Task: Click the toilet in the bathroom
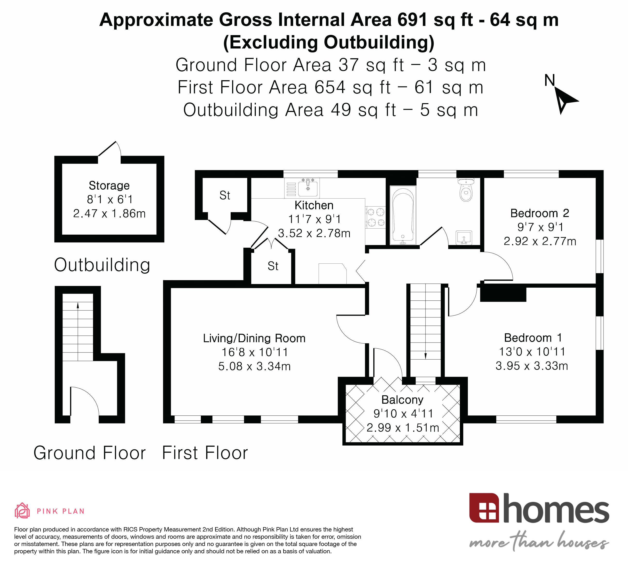(466, 191)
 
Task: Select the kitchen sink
(308, 188)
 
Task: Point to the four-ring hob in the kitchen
(375, 217)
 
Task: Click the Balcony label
(402, 400)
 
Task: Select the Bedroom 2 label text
(540, 213)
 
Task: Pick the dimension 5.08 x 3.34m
(254, 366)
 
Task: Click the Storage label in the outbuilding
(109, 185)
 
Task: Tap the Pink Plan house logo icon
(22, 511)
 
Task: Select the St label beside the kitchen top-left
(225, 195)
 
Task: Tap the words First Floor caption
(205, 453)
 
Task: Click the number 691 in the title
(412, 20)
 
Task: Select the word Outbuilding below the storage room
(102, 265)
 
